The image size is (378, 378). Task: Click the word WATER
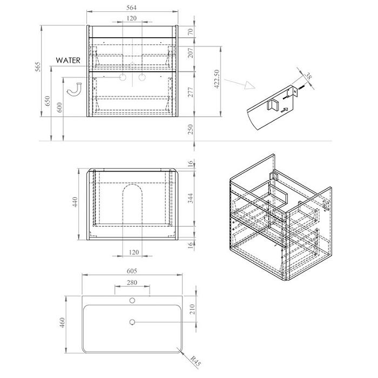(x=68, y=60)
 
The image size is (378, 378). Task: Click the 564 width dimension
(x=131, y=8)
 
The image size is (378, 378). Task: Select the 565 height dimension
(x=38, y=67)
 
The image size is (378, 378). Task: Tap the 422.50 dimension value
(x=217, y=79)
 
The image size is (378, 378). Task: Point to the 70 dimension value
(x=191, y=31)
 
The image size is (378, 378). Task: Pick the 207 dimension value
(x=191, y=53)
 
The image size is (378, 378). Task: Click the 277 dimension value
(x=191, y=92)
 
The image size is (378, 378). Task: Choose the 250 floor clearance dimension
(x=191, y=129)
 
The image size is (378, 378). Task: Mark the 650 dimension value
(x=48, y=101)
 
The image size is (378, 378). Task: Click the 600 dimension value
(x=59, y=107)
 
